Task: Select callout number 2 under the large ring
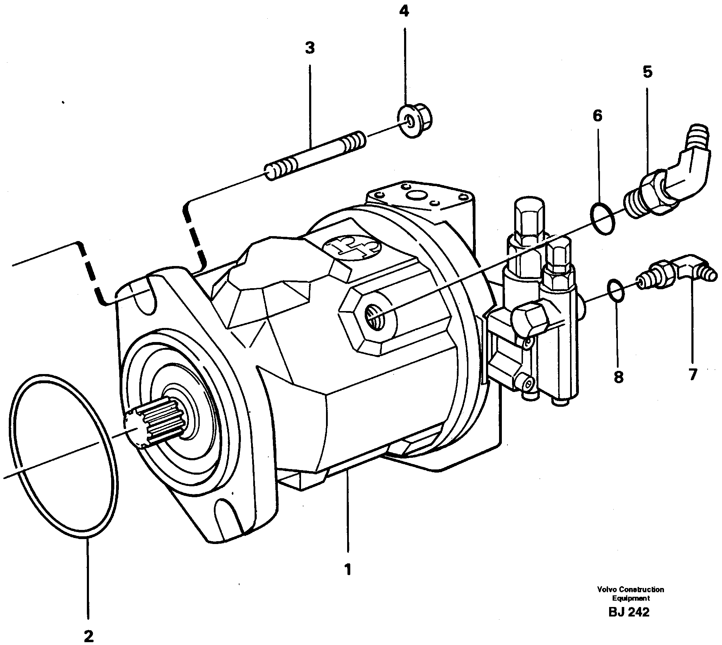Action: click(88, 636)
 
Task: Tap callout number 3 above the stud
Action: click(310, 48)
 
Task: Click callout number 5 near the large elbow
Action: click(647, 72)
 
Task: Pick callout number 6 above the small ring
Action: click(597, 115)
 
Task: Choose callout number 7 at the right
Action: click(692, 374)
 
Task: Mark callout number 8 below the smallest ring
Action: click(618, 377)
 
